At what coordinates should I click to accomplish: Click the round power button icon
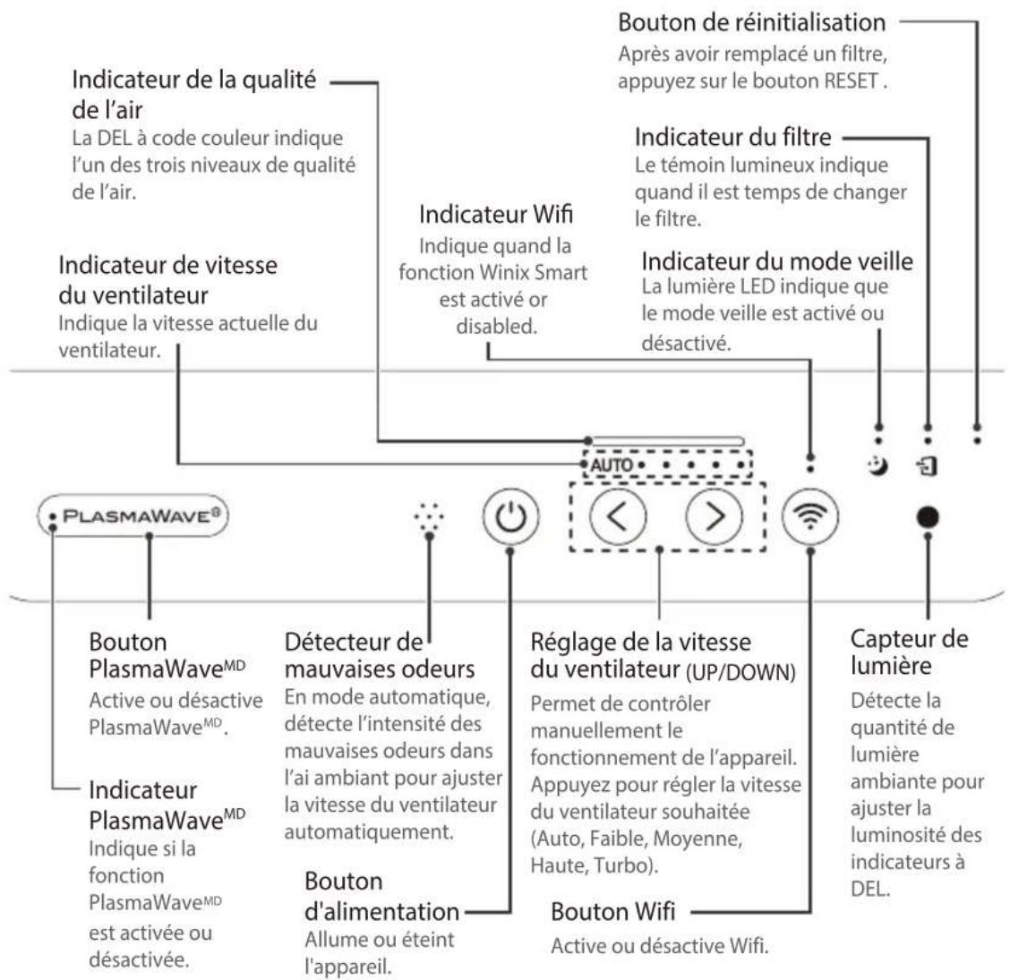point(510,516)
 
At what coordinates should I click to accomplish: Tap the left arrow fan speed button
point(618,516)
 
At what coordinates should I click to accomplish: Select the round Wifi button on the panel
point(810,516)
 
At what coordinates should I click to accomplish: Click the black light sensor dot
point(928,517)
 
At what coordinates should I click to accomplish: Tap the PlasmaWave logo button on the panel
point(133,516)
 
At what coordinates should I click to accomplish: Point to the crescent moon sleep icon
point(878,464)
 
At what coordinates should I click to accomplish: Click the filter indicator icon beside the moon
point(927,465)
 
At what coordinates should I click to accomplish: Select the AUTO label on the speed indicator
point(612,464)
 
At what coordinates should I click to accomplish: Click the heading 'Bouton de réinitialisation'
point(752,22)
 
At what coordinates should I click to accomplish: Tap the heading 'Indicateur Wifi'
point(496,215)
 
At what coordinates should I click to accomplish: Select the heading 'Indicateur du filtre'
point(733,137)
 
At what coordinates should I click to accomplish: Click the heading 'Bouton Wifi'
point(613,912)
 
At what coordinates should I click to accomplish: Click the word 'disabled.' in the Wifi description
point(497,327)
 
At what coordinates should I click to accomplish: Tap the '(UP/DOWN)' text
point(740,672)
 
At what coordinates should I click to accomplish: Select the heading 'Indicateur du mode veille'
point(777,260)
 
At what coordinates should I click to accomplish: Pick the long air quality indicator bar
point(668,441)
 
